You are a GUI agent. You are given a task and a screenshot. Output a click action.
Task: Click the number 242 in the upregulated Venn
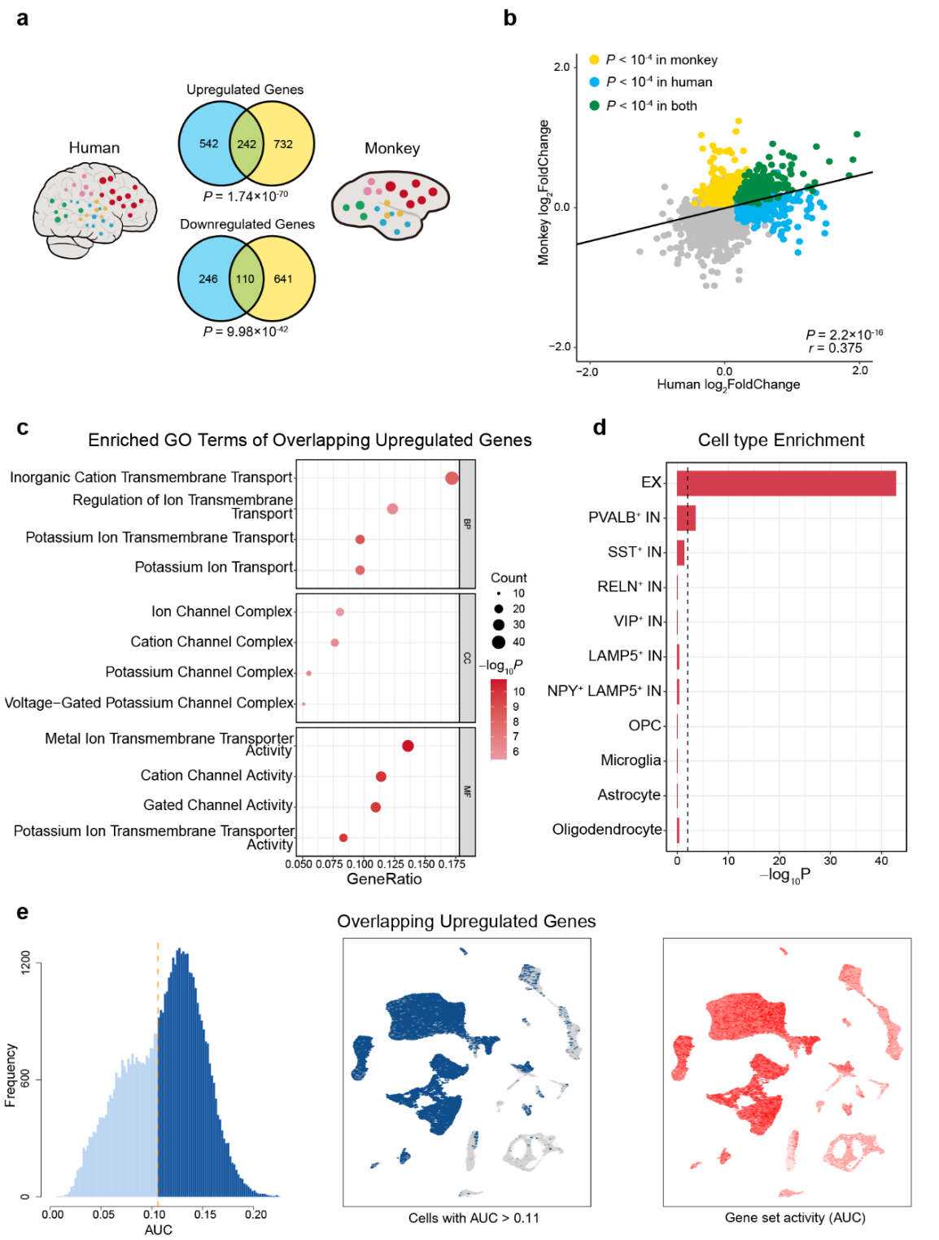(247, 144)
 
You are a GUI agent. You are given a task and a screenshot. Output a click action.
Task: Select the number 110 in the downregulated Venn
(245, 278)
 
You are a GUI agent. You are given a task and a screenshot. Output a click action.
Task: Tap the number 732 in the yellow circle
(283, 144)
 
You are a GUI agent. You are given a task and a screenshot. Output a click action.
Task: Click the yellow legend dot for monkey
(594, 59)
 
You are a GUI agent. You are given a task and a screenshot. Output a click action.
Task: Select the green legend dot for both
(594, 105)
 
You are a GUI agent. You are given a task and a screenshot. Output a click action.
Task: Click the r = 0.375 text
(835, 348)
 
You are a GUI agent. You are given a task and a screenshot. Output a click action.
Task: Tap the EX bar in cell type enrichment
(786, 483)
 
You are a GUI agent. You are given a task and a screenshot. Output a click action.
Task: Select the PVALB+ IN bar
(686, 518)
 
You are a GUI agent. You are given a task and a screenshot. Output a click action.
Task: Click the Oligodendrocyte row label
(607, 829)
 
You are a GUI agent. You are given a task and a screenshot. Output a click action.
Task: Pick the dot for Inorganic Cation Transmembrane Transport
(452, 478)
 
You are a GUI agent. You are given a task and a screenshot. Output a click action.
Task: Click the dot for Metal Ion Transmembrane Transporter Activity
(408, 746)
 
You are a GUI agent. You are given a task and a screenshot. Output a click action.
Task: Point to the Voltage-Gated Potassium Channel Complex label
(149, 702)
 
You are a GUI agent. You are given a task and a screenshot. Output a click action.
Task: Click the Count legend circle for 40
(499, 642)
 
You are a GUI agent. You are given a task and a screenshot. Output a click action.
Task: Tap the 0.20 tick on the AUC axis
(255, 1214)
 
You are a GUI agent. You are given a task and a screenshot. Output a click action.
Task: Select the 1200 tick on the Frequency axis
(25, 962)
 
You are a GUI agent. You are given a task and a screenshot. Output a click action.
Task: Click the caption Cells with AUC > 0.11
(474, 1218)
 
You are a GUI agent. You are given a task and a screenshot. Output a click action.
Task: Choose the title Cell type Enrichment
(780, 440)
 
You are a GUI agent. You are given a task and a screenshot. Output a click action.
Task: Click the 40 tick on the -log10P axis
(881, 861)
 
